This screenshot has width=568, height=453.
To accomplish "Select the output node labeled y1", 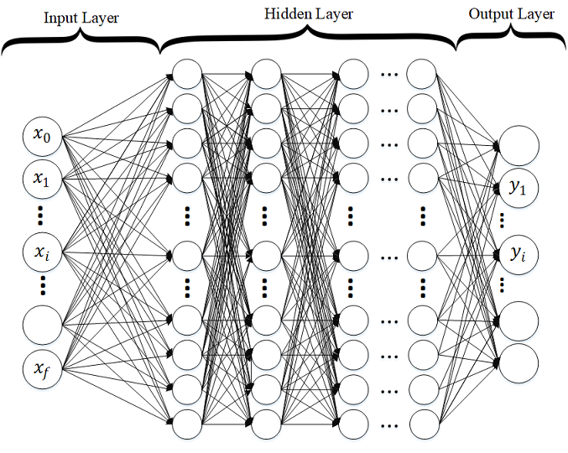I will (x=518, y=189).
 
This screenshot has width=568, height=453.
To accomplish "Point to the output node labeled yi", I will (x=518, y=253).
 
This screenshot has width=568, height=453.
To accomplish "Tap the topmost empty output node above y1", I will (x=518, y=145).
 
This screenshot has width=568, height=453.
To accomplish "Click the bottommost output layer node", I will (x=518, y=362).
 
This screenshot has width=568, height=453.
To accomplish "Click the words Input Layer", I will (x=81, y=15).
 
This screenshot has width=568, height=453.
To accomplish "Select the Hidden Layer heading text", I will (x=309, y=13).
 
